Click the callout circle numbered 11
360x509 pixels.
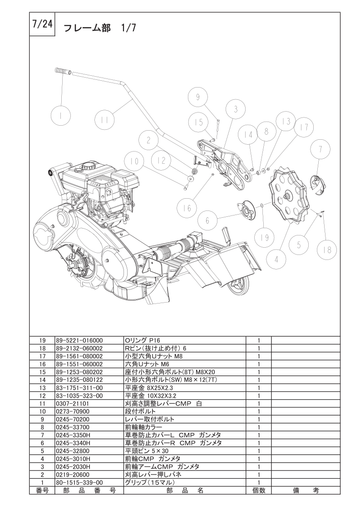click(104, 120)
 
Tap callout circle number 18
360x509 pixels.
click(327, 250)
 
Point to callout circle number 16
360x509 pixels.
click(187, 208)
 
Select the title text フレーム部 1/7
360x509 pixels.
click(99, 28)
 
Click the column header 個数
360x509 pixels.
click(259, 490)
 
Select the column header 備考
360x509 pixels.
click(306, 490)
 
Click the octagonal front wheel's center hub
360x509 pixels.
click(287, 195)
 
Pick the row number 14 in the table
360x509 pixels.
click(42, 380)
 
